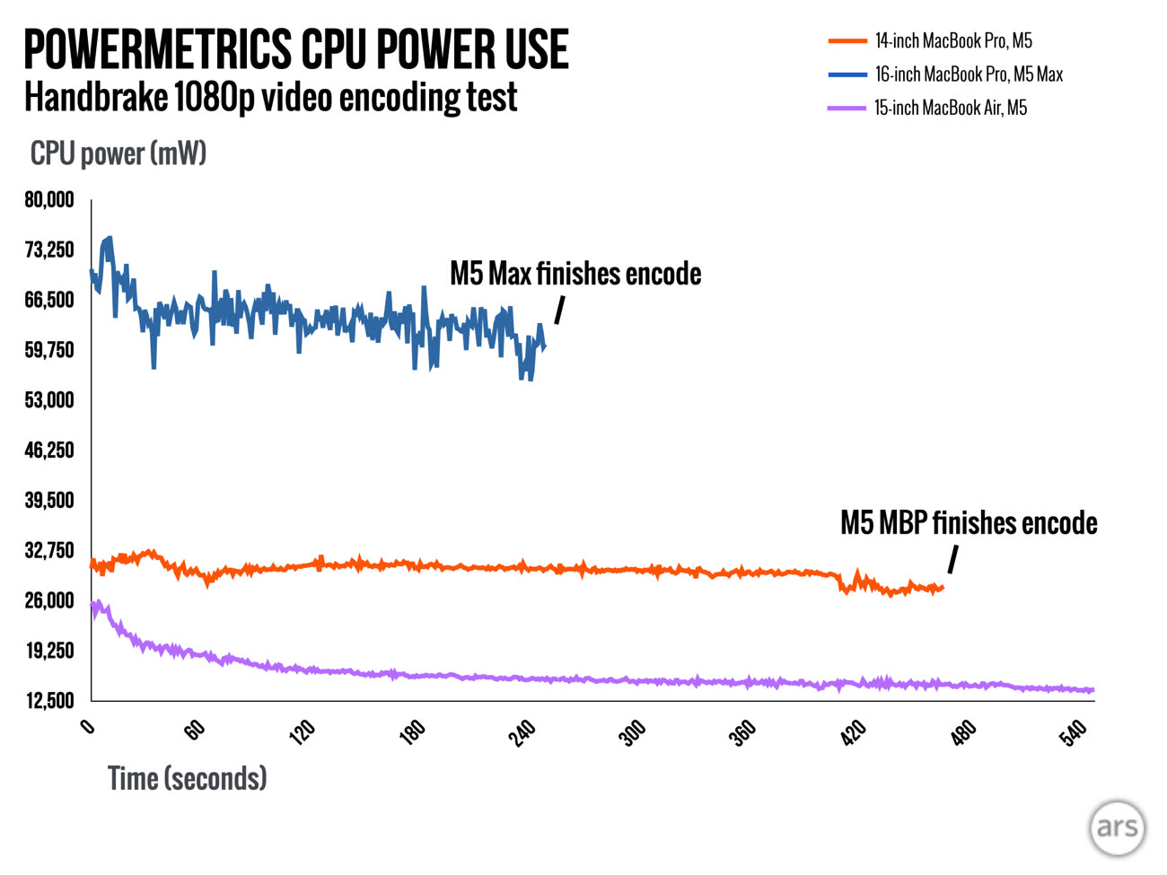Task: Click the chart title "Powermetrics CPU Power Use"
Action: [x=295, y=49]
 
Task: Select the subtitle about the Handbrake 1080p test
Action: [x=270, y=97]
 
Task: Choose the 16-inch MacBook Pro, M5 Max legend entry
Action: [x=969, y=74]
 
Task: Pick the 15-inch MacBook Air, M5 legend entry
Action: [x=951, y=108]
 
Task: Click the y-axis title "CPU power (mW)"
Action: [x=118, y=153]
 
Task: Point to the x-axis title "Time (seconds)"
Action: [x=187, y=778]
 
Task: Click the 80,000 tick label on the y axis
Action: [x=49, y=200]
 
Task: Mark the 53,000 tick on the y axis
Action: [x=49, y=400]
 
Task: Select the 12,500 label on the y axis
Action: [x=49, y=700]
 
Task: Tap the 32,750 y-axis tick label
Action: [x=49, y=550]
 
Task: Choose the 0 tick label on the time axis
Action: [x=87, y=726]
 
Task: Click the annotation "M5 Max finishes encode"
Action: [x=575, y=274]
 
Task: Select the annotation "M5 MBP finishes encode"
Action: [x=969, y=523]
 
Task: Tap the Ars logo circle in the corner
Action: [x=1117, y=827]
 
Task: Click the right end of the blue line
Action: [x=544, y=346]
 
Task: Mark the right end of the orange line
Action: [x=942, y=588]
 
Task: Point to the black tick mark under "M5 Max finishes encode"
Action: [x=559, y=311]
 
